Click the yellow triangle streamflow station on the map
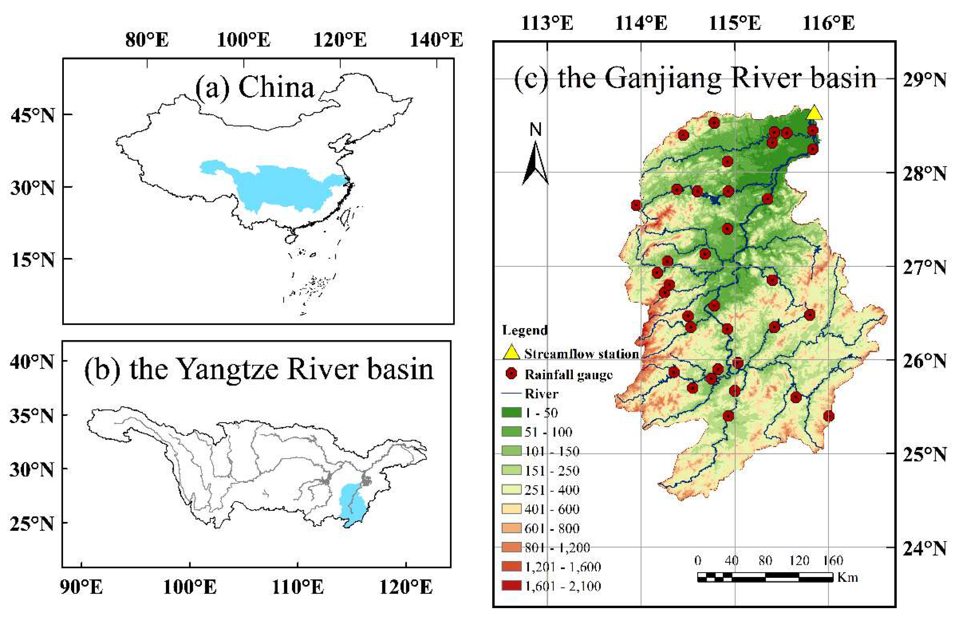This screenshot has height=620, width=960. (x=814, y=113)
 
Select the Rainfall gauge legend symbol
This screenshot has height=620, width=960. (x=512, y=374)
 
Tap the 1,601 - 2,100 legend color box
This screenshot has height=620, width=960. (x=511, y=585)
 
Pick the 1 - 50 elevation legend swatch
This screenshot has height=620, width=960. (x=511, y=412)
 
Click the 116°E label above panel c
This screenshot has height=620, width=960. (x=828, y=23)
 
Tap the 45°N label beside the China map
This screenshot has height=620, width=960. (x=33, y=115)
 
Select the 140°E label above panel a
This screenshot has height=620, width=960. (x=436, y=40)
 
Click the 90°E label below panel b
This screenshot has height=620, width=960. (x=82, y=587)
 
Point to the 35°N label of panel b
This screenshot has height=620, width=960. (x=32, y=416)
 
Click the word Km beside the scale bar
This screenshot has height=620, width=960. (x=848, y=577)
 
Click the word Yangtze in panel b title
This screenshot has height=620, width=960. (x=228, y=369)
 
